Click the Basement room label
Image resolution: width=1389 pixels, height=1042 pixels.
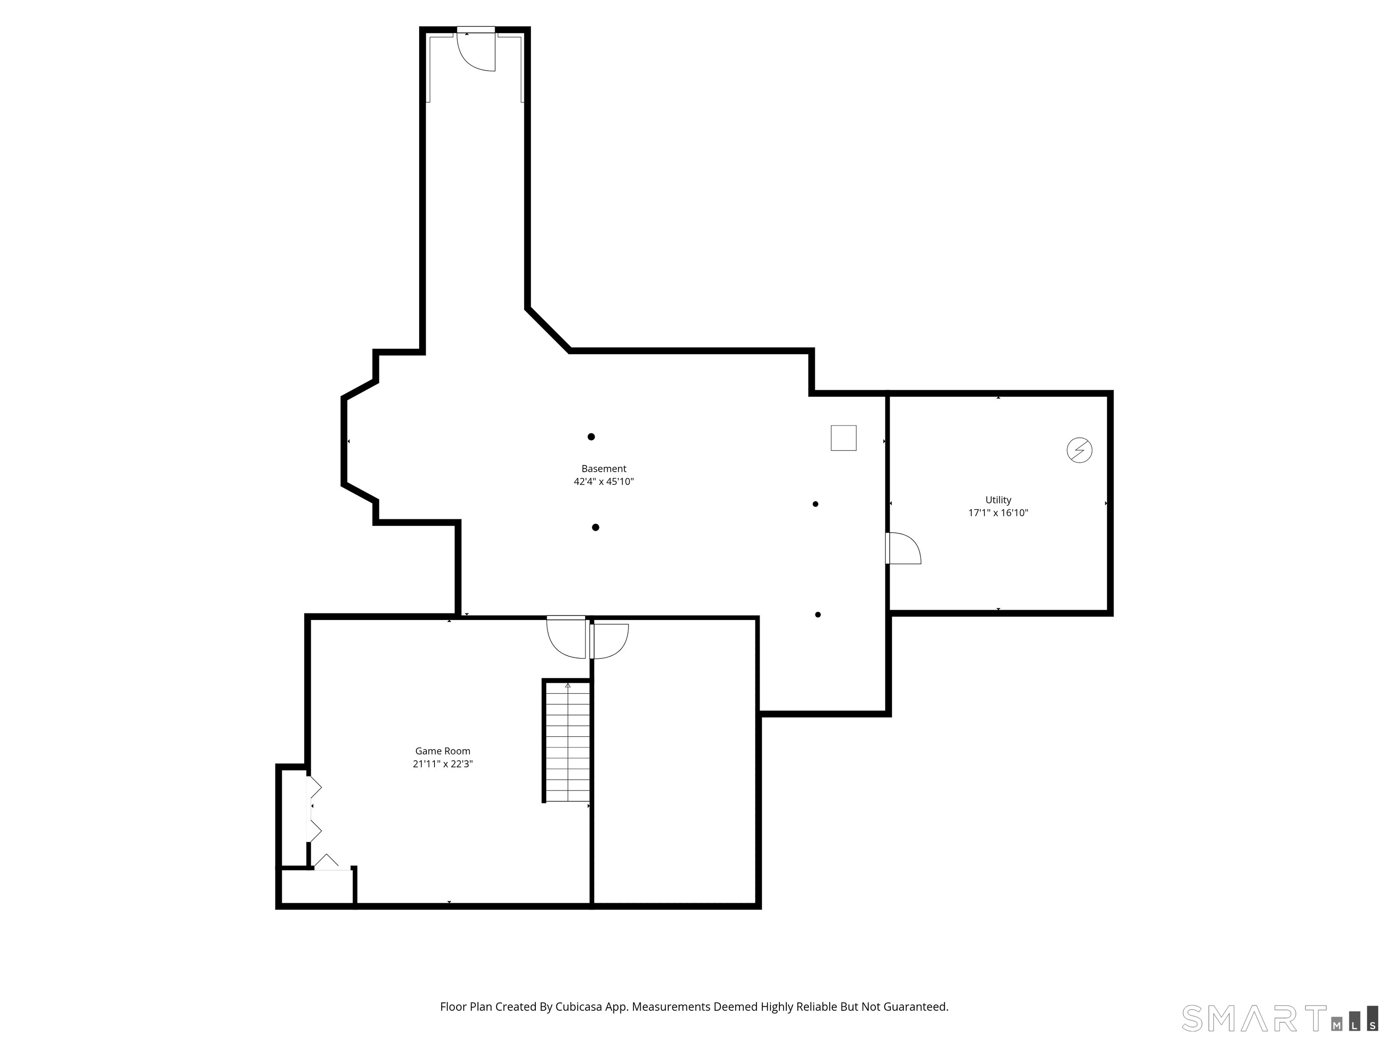[604, 469]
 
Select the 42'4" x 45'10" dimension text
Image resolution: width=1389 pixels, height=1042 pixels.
[604, 482]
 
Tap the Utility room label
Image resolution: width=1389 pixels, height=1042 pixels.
[998, 500]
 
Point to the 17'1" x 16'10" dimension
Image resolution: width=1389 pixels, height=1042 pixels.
[998, 512]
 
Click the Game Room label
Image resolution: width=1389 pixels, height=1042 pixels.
[442, 751]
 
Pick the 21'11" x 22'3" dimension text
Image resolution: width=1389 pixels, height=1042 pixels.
[442, 764]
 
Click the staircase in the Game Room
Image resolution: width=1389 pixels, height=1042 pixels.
[567, 741]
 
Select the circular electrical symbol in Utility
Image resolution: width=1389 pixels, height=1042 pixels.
[1079, 450]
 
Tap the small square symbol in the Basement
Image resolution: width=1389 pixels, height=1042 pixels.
[843, 438]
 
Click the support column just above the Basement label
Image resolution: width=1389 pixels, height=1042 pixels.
[591, 436]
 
